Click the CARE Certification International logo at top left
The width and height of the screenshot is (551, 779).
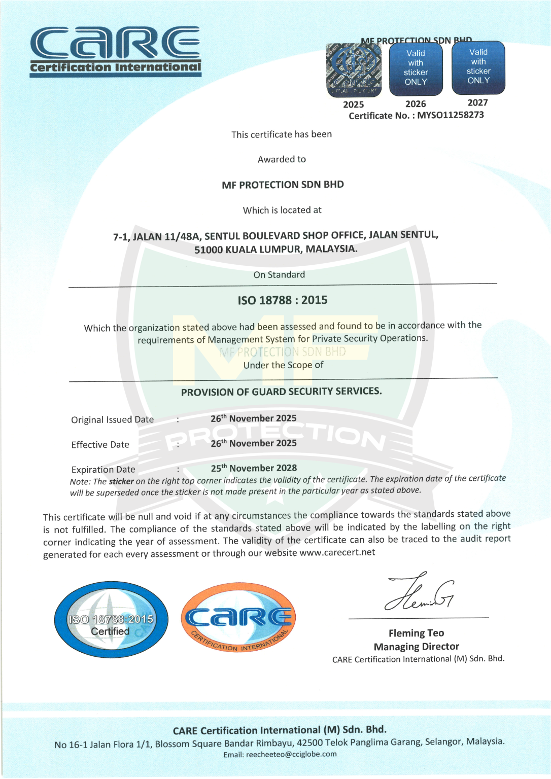(116, 51)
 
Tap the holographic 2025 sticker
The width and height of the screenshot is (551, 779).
(354, 70)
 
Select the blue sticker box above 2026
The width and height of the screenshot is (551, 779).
(416, 68)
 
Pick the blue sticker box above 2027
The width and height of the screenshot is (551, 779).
(478, 67)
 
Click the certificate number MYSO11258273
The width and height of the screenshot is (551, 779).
(451, 115)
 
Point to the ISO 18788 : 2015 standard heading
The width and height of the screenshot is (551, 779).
(283, 300)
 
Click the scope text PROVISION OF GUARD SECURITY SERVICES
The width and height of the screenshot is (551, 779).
(281, 392)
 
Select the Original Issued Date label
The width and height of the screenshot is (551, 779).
(112, 420)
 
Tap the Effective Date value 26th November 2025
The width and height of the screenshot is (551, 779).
(254, 443)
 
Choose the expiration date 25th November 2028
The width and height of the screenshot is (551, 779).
(254, 468)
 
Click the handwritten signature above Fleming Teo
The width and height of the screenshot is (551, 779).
(419, 593)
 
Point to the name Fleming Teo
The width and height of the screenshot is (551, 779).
(416, 633)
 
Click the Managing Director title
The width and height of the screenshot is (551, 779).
(416, 647)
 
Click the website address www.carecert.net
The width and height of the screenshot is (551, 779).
(337, 552)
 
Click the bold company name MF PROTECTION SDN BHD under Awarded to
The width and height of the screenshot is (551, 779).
(283, 185)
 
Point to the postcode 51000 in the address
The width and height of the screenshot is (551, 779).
(209, 250)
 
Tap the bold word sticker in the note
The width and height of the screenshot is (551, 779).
(121, 481)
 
